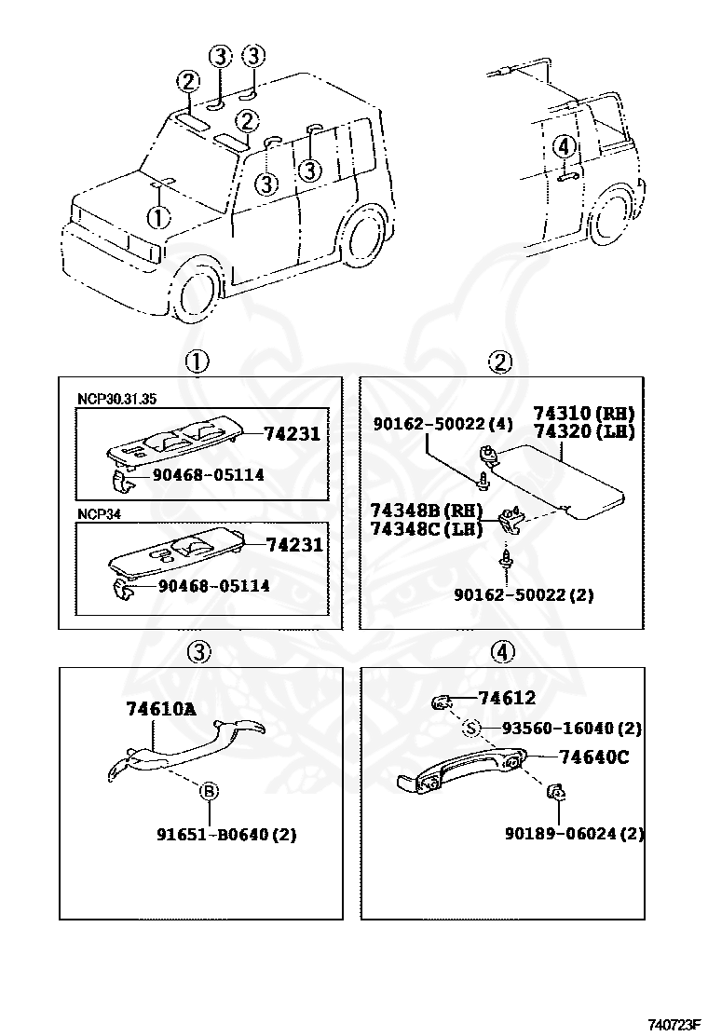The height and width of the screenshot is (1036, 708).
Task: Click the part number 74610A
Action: (x=161, y=709)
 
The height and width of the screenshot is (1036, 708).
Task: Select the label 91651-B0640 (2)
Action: (x=225, y=834)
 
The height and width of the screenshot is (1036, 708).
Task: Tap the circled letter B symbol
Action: (x=210, y=791)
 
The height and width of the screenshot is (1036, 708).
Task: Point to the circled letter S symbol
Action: (x=471, y=729)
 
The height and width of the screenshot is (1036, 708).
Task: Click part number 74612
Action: (x=507, y=698)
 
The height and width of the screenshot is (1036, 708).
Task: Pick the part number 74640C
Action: (x=593, y=757)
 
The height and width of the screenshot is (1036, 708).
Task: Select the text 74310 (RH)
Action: (x=583, y=413)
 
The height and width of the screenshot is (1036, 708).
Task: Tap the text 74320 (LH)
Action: (x=583, y=431)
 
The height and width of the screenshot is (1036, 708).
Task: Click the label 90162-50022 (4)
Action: (x=443, y=424)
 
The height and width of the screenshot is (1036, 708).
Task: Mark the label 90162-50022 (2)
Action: (x=524, y=593)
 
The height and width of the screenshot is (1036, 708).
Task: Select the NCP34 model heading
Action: (x=99, y=512)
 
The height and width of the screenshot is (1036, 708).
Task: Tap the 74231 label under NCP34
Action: (x=293, y=545)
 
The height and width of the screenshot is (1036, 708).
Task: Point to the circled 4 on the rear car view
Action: (x=564, y=146)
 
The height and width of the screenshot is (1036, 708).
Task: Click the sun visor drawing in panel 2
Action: (x=559, y=480)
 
